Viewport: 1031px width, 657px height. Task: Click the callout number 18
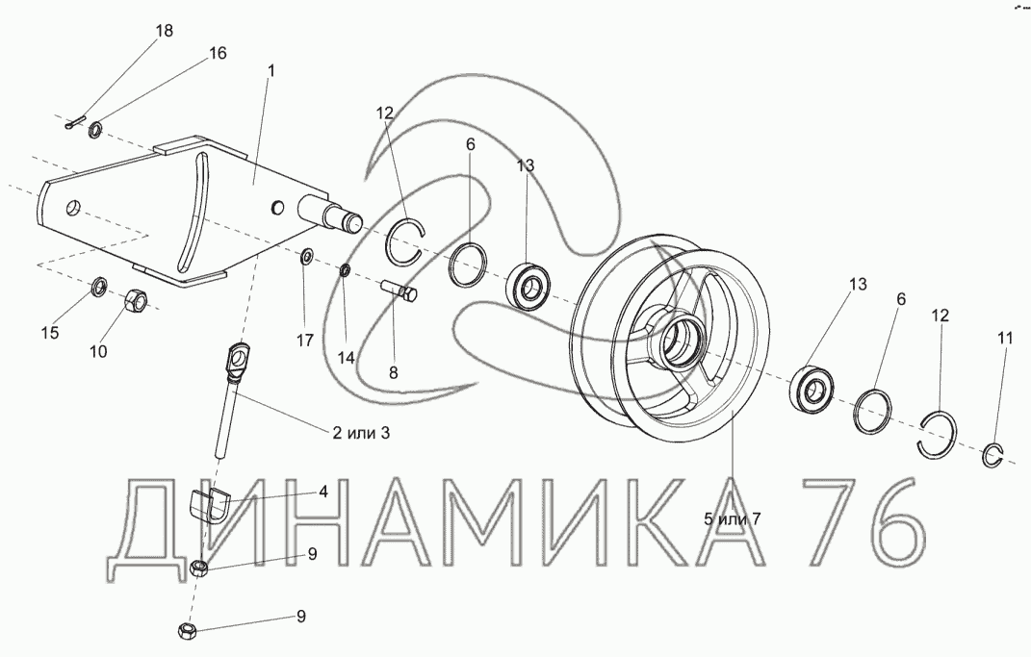coord(165,30)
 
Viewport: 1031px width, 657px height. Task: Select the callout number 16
coord(218,53)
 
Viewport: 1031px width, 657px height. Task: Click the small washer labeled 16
coord(94,130)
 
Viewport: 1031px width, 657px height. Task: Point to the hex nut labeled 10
coord(138,300)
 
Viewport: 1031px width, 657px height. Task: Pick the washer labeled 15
coord(99,287)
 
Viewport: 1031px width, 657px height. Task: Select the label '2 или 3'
coord(360,432)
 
